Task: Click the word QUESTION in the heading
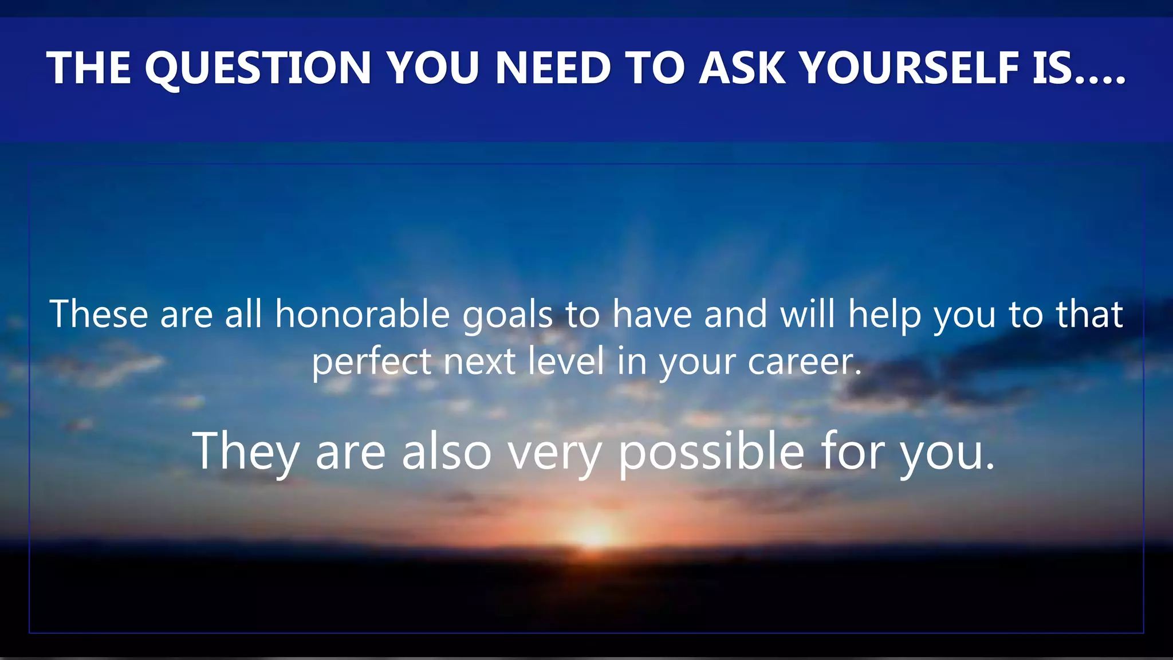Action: (x=258, y=68)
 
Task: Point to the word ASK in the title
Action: (x=742, y=68)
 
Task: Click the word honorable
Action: (x=363, y=315)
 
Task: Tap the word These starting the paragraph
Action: (x=99, y=315)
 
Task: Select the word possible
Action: (x=711, y=453)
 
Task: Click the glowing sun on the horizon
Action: (x=594, y=535)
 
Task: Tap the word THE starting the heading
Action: (x=89, y=68)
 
